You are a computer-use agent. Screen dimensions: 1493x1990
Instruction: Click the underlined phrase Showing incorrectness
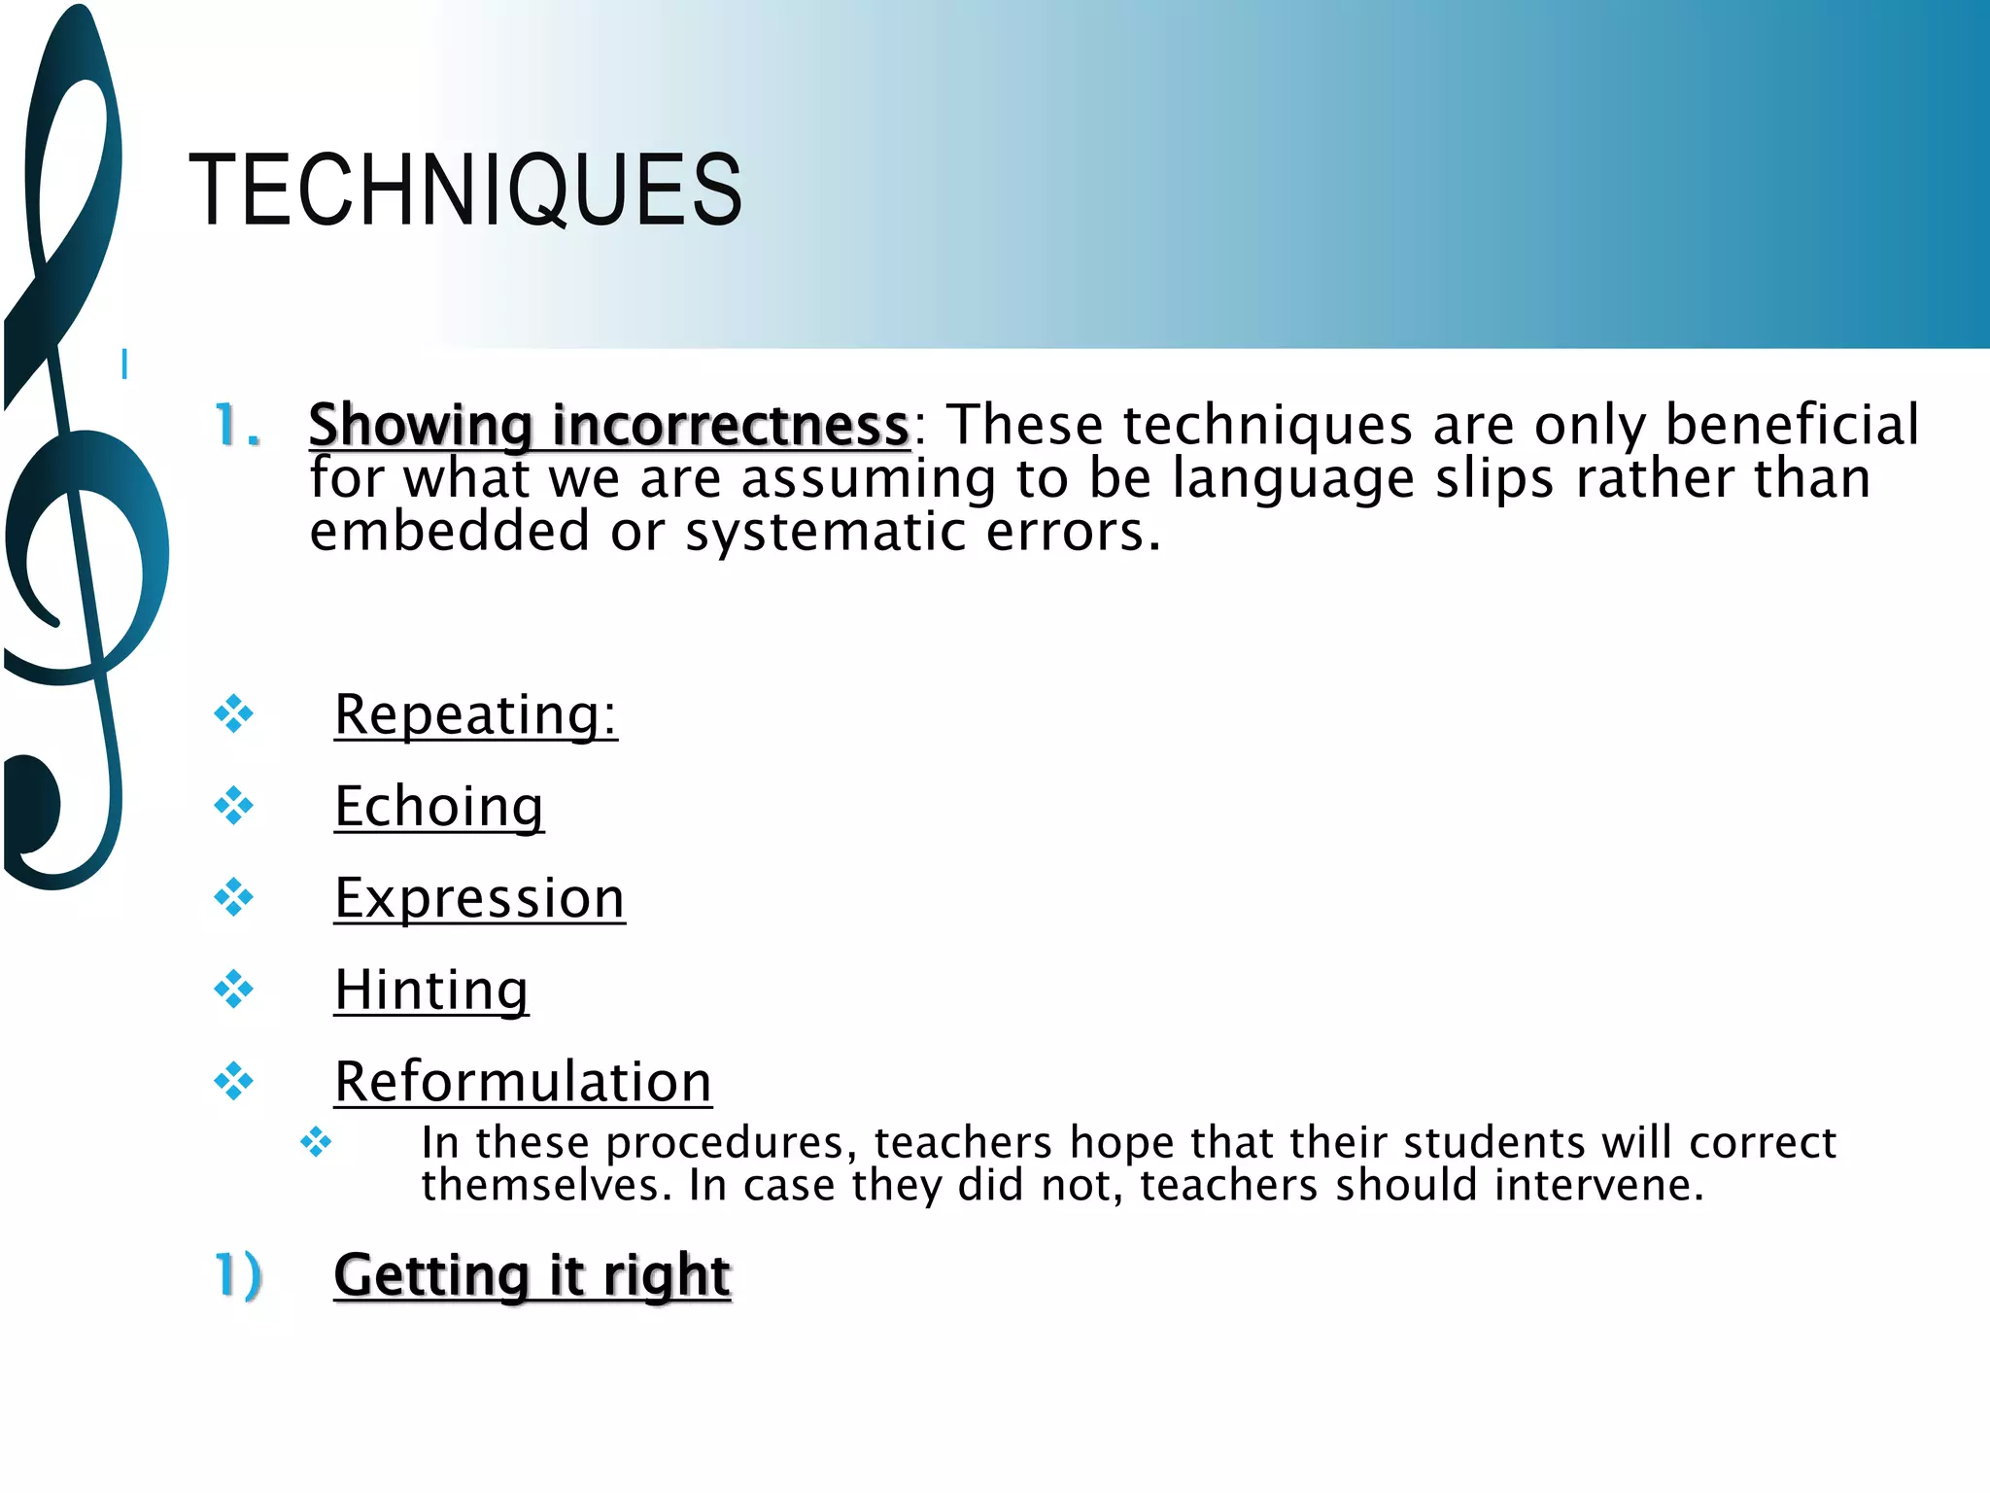(x=608, y=426)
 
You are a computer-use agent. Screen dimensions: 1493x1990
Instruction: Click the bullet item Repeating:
(x=475, y=715)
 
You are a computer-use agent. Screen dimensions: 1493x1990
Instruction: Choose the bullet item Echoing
(x=438, y=807)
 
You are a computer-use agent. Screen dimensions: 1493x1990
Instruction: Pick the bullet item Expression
(x=479, y=898)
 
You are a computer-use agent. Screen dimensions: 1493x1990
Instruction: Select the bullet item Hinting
(x=431, y=990)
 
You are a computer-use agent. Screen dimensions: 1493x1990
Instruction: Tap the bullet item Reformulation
(x=523, y=1081)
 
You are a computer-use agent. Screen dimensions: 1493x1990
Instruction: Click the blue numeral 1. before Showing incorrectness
(x=237, y=426)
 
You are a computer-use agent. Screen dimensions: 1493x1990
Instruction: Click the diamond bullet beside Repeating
(x=234, y=714)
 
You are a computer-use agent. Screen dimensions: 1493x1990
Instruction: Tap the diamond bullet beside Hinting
(x=234, y=990)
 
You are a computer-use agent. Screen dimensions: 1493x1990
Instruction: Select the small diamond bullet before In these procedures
(x=316, y=1141)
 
